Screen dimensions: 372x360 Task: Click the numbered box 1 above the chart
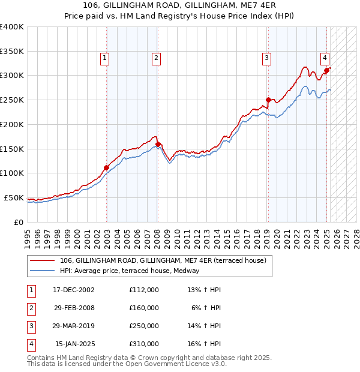104,58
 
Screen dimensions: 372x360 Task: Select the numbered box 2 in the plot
155,58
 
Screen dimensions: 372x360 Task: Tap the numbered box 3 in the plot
266,58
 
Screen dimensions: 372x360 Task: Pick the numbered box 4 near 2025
324,58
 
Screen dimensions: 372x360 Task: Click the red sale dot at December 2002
106,167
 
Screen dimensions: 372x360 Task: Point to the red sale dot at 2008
158,144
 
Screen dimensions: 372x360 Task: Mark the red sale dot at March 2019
268,100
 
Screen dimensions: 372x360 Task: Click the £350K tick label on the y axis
12,51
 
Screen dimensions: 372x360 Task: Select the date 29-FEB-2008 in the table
73,308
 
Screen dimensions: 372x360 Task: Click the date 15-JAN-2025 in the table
74,344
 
